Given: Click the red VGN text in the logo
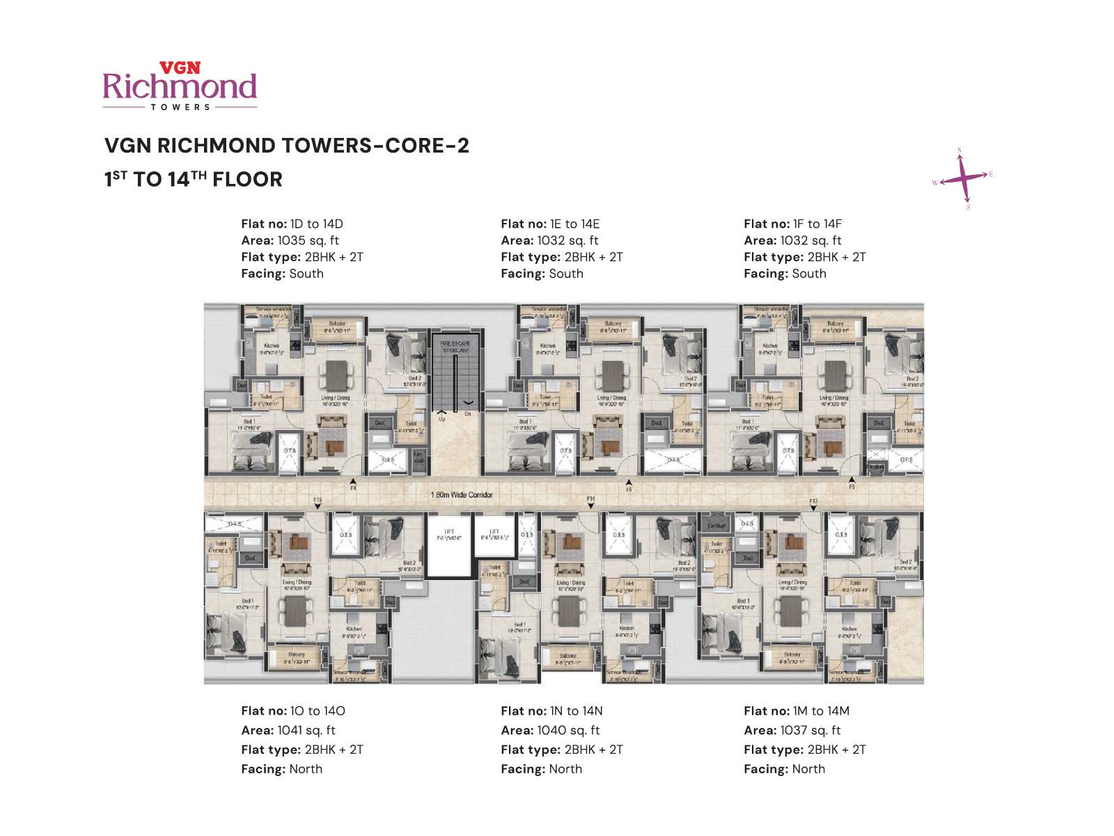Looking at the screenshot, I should [180, 68].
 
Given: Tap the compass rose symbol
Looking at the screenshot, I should [962, 178].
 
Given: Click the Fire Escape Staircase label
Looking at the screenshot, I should [455, 346].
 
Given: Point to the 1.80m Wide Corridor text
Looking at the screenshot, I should [462, 495].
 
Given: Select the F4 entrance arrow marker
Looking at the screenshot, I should [353, 481].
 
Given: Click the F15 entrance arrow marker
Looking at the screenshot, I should [317, 506].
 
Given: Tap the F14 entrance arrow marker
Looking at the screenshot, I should [590, 505].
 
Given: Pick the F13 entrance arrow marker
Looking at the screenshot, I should [813, 507].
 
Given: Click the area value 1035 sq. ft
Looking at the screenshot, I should [308, 240].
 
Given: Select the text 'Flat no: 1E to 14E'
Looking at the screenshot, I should [550, 224].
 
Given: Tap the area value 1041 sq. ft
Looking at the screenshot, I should [306, 730].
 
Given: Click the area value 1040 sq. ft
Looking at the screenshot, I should [568, 730].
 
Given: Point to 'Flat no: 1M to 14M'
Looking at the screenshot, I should [797, 711].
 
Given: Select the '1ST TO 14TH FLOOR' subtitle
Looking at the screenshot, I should [194, 179].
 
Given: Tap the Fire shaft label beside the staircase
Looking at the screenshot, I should [418, 457].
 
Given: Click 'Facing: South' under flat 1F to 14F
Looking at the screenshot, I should [785, 274].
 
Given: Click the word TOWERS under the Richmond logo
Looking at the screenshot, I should [180, 107].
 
